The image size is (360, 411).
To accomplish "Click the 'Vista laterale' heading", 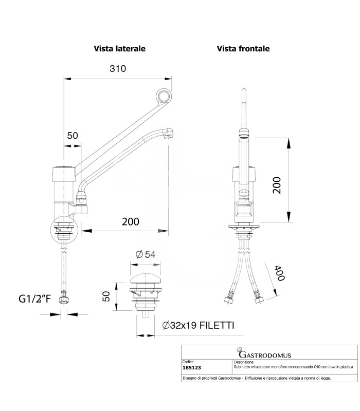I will (119, 49).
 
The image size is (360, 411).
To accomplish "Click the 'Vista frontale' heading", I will (243, 49).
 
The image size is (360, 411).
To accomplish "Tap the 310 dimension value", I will (118, 69).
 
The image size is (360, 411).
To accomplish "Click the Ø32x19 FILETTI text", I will (198, 325).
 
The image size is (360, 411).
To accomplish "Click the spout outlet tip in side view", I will (168, 135).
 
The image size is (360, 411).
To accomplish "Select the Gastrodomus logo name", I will (268, 354).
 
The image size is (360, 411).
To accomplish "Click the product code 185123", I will (193, 368).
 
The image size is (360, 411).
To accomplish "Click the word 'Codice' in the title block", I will (189, 362).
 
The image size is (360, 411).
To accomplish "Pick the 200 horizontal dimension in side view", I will (131, 221).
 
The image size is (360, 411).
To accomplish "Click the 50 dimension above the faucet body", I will (73, 136).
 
